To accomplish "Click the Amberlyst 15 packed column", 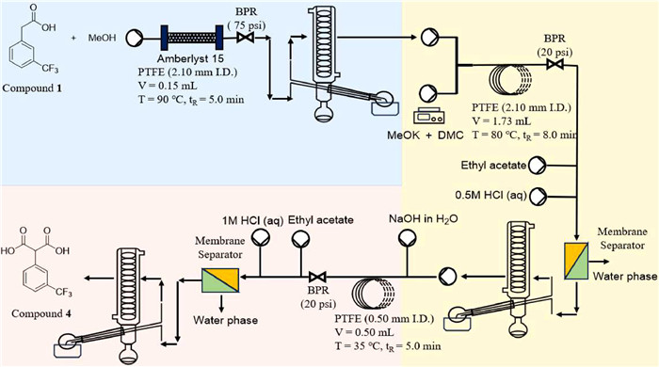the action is point(192,38).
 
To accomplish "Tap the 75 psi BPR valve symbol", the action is point(245,38).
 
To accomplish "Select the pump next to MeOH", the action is point(135,38).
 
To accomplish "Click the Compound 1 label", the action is point(32,88).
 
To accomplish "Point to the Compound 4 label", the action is point(41,313).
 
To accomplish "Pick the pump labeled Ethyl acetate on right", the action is point(538,166).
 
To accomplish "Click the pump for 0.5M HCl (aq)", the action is point(538,196).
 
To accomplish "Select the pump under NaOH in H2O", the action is point(408,238).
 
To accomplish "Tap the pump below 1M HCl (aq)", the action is point(260,238).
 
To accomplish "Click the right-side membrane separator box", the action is point(576,261).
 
